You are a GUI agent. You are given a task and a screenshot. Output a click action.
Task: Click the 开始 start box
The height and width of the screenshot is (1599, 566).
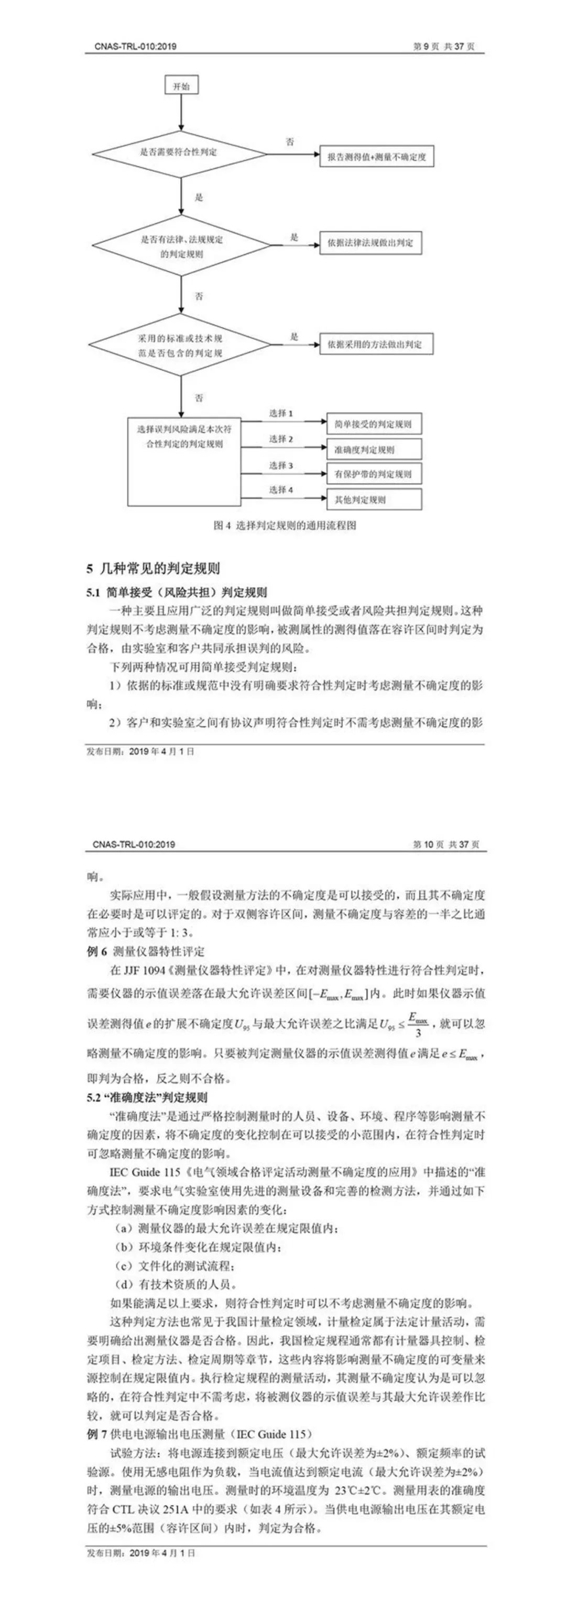181,86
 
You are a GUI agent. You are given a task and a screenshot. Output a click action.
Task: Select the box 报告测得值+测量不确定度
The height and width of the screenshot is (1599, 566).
376,157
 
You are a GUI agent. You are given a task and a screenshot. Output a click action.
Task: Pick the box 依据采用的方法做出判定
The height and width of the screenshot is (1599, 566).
376,344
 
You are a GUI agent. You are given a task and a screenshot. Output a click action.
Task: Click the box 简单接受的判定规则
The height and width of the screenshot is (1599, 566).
373,425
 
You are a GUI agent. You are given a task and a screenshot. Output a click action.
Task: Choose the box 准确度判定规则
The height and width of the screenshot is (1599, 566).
373,449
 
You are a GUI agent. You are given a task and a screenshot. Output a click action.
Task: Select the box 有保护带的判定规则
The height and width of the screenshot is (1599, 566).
373,474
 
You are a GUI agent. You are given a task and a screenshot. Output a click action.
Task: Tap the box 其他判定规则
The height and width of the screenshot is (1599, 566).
373,499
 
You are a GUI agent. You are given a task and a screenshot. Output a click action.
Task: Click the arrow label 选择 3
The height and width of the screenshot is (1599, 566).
281,465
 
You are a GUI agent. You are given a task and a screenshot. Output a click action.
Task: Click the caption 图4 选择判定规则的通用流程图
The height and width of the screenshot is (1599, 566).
285,526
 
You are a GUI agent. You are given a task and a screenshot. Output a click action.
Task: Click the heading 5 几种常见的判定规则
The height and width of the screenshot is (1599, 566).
153,568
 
